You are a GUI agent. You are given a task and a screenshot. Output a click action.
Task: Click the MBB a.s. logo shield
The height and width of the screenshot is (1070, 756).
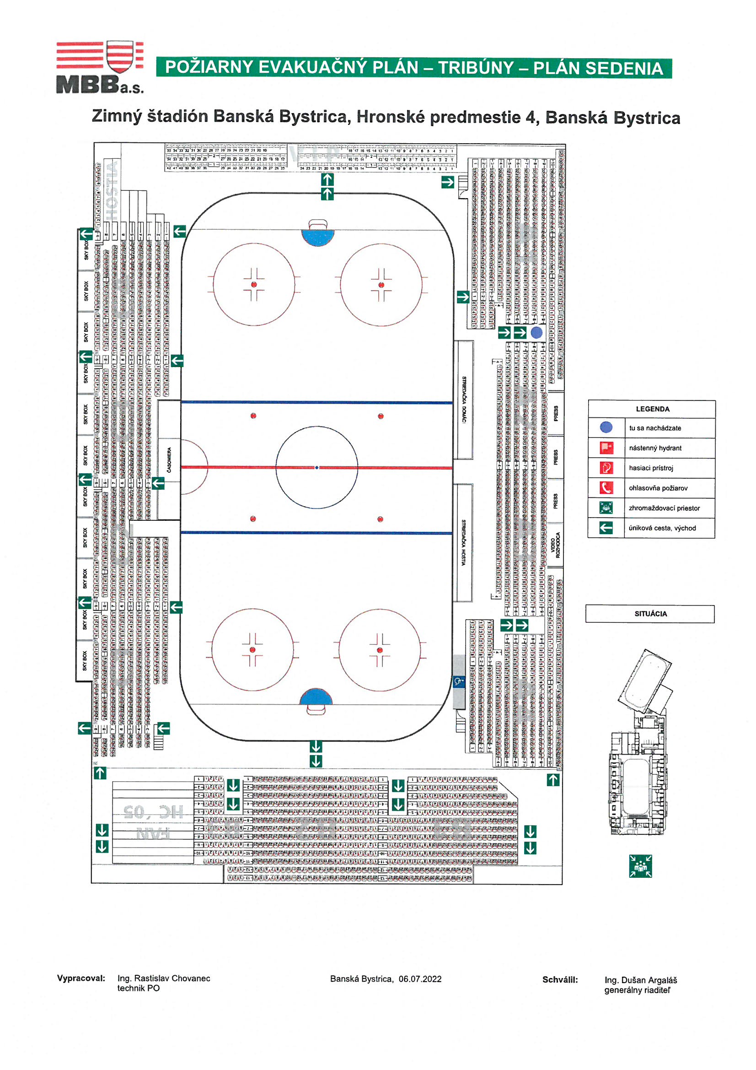coord(120,56)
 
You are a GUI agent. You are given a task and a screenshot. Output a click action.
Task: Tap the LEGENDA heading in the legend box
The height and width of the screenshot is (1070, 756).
coord(652,409)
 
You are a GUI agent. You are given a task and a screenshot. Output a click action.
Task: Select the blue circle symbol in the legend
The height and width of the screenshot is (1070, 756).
coord(606,427)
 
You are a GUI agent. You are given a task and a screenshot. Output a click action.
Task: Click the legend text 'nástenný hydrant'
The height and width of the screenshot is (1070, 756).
coord(654,448)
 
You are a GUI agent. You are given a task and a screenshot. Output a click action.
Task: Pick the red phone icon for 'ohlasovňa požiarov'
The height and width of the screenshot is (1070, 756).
coord(606,488)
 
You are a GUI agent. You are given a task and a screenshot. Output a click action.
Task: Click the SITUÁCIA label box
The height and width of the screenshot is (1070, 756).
coord(650,614)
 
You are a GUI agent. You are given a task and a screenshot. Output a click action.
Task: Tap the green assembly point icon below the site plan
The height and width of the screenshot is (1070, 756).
coord(640,866)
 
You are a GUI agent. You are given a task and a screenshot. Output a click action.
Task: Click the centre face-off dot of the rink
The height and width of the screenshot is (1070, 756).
coord(317,467)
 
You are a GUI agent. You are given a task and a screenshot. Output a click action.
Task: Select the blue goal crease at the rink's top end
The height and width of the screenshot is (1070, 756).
coord(318,237)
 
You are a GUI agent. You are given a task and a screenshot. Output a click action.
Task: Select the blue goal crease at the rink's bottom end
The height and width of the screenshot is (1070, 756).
coord(316,697)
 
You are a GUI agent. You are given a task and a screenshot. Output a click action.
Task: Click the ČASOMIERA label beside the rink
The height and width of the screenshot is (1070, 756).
coord(169,460)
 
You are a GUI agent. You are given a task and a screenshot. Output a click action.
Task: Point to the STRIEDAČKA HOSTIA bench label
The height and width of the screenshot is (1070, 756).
coord(463,542)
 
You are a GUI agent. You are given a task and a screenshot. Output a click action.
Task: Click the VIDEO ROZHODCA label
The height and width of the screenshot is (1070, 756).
coord(555,545)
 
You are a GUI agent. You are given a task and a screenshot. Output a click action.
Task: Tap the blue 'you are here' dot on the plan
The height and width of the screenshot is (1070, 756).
coord(536,332)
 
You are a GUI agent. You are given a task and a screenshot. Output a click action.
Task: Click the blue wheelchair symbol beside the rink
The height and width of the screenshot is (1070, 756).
coord(458,682)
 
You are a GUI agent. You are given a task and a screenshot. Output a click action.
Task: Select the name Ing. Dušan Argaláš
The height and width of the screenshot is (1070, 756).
coord(640,980)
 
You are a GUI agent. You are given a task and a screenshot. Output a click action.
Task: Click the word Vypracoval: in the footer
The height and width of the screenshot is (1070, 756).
coord(81,978)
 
